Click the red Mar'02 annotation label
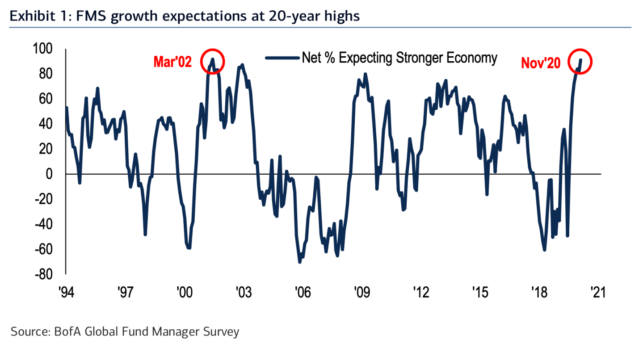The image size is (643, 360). pyautogui.click(x=172, y=62)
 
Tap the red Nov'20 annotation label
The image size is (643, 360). pyautogui.click(x=540, y=64)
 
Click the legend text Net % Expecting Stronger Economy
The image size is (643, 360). pyautogui.click(x=399, y=58)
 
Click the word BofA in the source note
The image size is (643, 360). pyautogui.click(x=63, y=332)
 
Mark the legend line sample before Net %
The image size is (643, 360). pyautogui.click(x=282, y=58)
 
